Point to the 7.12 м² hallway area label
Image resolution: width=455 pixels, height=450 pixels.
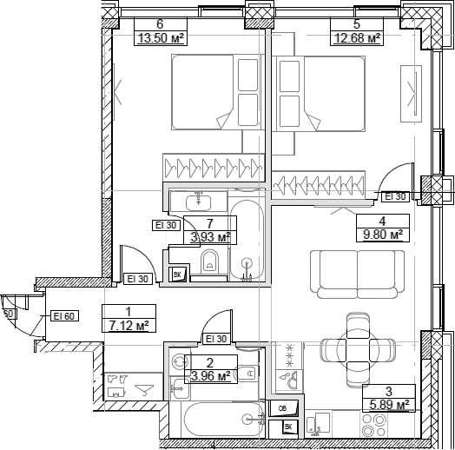(x=128, y=326)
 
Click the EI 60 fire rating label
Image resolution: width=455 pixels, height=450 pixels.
(x=63, y=316)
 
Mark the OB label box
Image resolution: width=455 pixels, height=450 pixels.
(x=281, y=408)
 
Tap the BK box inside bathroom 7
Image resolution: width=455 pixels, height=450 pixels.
(x=178, y=275)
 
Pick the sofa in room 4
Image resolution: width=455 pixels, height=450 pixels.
(x=350, y=267)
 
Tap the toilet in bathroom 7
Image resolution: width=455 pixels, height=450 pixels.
(x=208, y=263)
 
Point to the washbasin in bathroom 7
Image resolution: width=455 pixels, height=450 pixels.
(x=199, y=201)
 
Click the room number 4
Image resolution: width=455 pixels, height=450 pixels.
(x=382, y=221)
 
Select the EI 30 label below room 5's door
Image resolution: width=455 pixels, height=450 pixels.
(x=396, y=197)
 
